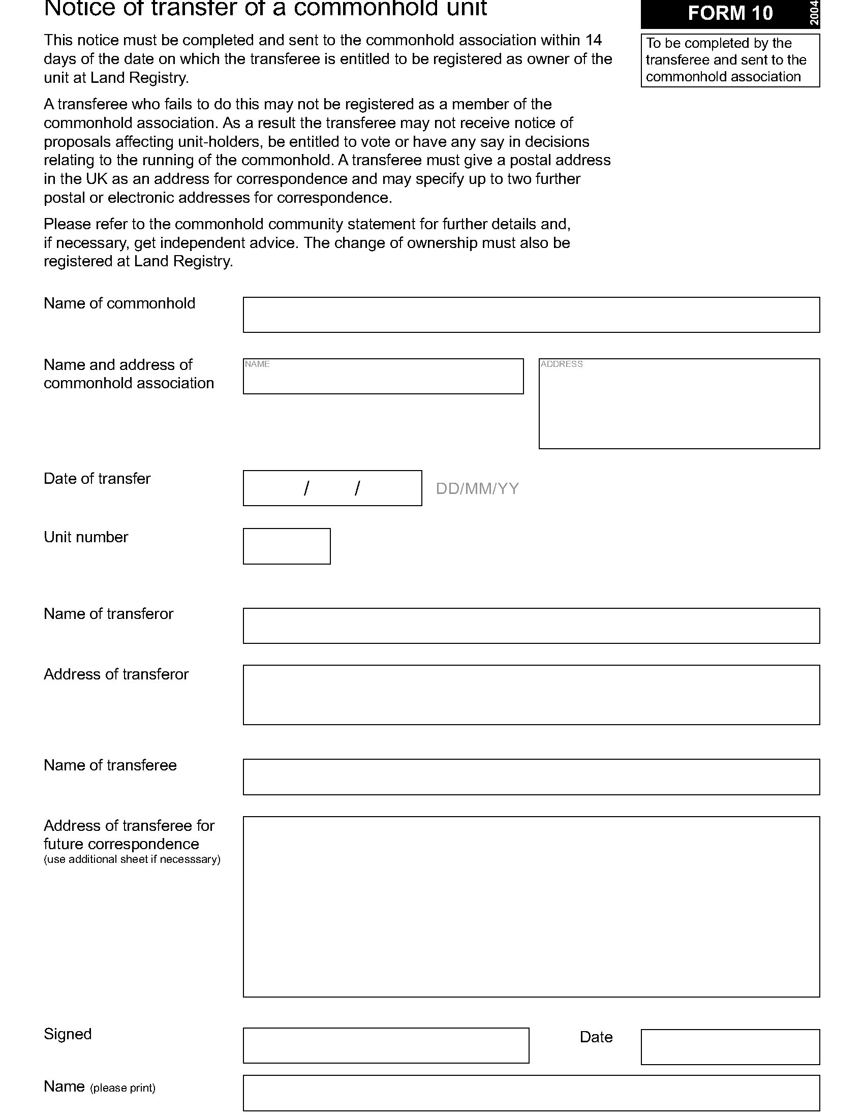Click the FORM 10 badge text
point(729,13)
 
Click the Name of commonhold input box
point(531,315)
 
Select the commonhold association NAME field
point(383,376)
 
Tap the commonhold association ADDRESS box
point(678,404)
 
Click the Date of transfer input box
point(332,488)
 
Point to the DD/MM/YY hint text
point(477,489)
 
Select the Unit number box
point(287,546)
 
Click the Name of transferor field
point(531,626)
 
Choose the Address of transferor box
point(531,695)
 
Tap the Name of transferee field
point(531,777)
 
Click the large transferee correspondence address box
point(531,907)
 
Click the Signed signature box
point(386,1045)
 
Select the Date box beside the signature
point(730,1047)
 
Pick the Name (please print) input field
point(531,1093)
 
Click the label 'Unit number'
point(86,537)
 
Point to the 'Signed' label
point(68,1034)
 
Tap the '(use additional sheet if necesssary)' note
point(132,859)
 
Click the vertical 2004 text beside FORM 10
point(814,13)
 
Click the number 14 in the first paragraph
point(593,40)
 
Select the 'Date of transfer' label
point(97,479)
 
